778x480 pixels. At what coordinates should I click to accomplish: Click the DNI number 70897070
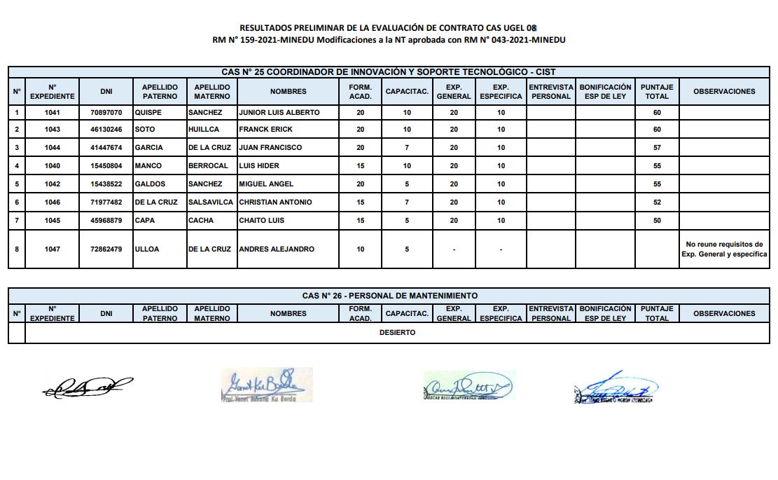coord(106,112)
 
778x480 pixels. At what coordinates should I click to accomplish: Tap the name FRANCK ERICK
coord(265,130)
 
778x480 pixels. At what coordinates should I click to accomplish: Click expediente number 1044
coord(52,148)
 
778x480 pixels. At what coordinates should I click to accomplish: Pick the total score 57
coord(656,148)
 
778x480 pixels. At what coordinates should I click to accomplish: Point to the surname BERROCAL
coord(208,166)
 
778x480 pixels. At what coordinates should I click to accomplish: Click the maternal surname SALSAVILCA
coord(211,203)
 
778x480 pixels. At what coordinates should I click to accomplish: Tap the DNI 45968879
coord(106,221)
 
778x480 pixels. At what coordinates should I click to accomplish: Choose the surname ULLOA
coord(147,249)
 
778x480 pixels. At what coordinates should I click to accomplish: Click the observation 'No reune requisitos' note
coord(724,249)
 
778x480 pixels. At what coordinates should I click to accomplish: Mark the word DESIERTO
coord(397,333)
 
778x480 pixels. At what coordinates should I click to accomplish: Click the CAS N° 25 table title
coord(389,72)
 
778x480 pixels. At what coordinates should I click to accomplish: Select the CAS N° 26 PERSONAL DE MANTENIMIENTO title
coord(389,296)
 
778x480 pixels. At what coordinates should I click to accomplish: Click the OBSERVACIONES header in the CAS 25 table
coord(724,91)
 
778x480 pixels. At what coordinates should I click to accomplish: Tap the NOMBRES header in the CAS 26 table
coord(288,313)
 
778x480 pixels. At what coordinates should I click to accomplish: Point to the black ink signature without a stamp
coord(87,386)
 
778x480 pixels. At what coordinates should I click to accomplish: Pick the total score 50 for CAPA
coord(656,221)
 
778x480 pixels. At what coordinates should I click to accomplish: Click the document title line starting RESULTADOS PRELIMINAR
coord(388,27)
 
